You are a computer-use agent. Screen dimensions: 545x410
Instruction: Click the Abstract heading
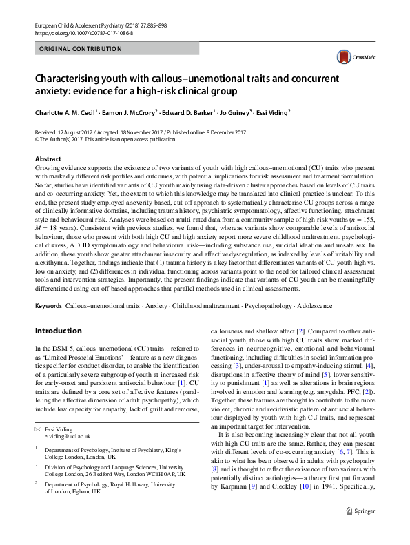(x=48, y=158)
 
